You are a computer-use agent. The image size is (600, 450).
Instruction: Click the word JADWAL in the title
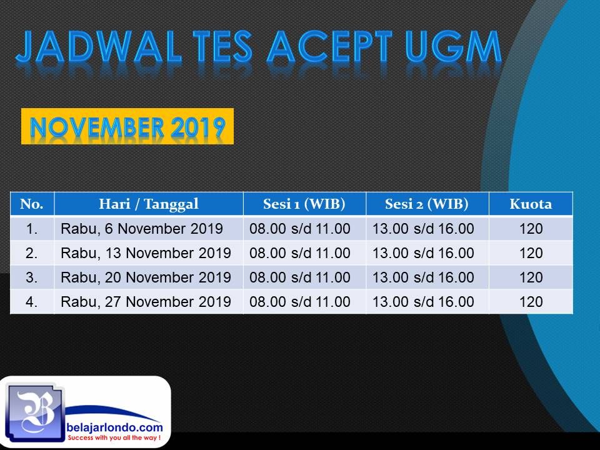[98, 47]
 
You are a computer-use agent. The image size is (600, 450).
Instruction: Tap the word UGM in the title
[453, 47]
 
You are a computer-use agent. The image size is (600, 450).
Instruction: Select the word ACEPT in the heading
[329, 47]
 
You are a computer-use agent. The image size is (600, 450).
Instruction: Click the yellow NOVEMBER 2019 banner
[127, 126]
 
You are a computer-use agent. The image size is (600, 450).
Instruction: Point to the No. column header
[32, 204]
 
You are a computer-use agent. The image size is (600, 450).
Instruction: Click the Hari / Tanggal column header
[149, 204]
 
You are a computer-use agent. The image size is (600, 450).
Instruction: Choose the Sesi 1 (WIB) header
[304, 204]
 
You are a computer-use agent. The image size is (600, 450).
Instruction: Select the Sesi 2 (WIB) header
[427, 204]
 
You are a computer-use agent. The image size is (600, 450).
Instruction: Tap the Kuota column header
[531, 204]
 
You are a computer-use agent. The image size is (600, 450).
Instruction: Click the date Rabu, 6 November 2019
[142, 229]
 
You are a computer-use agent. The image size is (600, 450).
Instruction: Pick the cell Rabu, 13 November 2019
[146, 253]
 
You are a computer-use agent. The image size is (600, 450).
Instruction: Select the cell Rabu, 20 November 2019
[146, 277]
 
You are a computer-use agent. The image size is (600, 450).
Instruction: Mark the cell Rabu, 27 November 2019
[146, 302]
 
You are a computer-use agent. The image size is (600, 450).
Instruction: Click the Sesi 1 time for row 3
[300, 277]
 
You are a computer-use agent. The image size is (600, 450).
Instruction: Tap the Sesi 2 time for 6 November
[423, 229]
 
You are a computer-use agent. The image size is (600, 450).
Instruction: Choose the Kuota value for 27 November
[531, 302]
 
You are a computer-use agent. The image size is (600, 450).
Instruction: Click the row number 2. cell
[32, 253]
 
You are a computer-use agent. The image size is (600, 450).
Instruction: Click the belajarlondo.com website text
[114, 427]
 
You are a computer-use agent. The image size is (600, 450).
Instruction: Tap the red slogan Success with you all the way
[114, 437]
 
